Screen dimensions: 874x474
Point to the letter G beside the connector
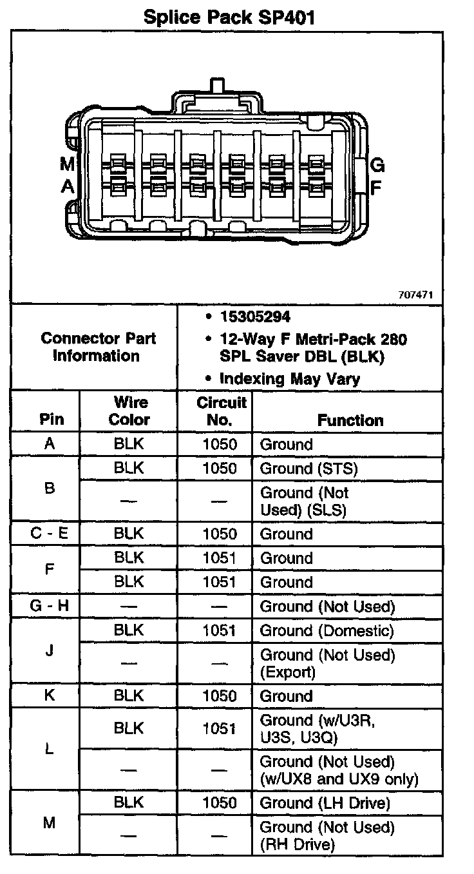point(378,166)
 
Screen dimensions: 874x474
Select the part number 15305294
point(254,316)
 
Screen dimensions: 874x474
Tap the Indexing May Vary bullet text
point(289,378)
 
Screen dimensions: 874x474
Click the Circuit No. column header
point(221,411)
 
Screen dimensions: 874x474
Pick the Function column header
point(350,420)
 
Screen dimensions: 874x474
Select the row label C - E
point(50,534)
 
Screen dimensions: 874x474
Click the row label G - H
point(50,607)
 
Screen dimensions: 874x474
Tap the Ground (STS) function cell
point(308,469)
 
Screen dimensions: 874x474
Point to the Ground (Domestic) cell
point(327,631)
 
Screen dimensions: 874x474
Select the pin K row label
point(50,696)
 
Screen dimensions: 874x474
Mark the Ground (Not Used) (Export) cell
point(327,663)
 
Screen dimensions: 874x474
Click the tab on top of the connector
point(216,85)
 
